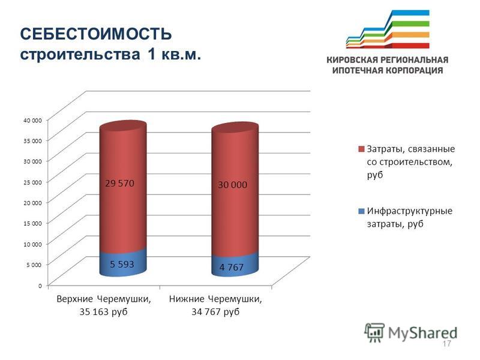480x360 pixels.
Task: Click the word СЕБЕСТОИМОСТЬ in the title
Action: pyautogui.click(x=96, y=34)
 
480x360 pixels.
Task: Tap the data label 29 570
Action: pyautogui.click(x=119, y=184)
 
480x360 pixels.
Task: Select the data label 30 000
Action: pyautogui.click(x=233, y=185)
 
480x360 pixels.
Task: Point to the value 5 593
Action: pyautogui.click(x=122, y=264)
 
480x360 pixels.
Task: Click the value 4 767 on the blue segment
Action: pyautogui.click(x=232, y=267)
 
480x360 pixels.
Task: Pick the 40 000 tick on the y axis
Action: pyautogui.click(x=33, y=121)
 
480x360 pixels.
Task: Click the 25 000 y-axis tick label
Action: pyautogui.click(x=33, y=182)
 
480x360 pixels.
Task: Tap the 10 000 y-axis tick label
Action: pyautogui.click(x=33, y=244)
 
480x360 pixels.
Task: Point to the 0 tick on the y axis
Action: pyautogui.click(x=40, y=286)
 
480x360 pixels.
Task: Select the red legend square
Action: pyautogui.click(x=361, y=149)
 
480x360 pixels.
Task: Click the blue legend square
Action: pyautogui.click(x=361, y=211)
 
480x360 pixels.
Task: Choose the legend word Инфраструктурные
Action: pyautogui.click(x=410, y=211)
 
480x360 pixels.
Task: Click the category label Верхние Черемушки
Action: pyautogui.click(x=104, y=299)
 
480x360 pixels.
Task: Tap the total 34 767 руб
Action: pyautogui.click(x=215, y=312)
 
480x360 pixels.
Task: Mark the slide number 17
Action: pyautogui.click(x=446, y=343)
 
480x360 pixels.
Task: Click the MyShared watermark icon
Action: pyautogui.click(x=374, y=332)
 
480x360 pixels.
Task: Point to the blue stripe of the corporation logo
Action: pyautogui.click(x=410, y=13)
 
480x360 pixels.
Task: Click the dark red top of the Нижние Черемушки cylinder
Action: pyautogui.click(x=235, y=127)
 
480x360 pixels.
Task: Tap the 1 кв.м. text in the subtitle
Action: pyautogui.click(x=174, y=55)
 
